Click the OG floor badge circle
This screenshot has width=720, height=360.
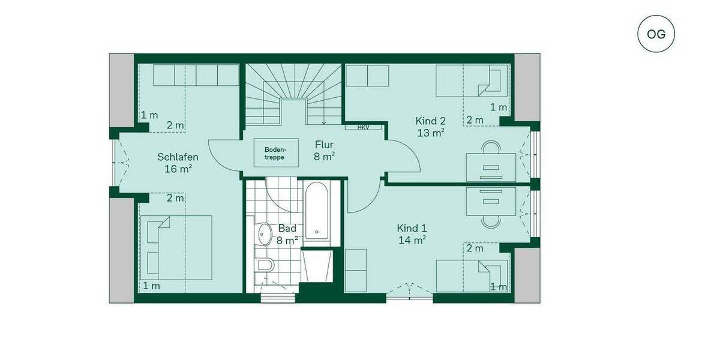tap(656, 34)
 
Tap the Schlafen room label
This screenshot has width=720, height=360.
tap(178, 163)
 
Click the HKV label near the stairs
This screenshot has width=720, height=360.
tap(363, 127)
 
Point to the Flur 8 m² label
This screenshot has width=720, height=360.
tap(324, 150)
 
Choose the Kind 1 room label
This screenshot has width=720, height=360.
tap(412, 233)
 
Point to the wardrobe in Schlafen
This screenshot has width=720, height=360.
tap(196, 75)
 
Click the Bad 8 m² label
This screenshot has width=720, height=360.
tap(287, 234)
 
